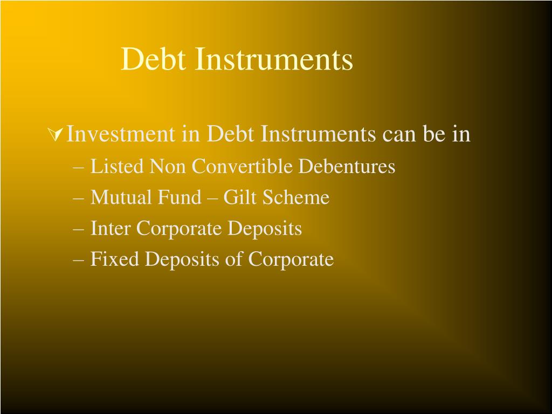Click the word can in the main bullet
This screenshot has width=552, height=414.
click(x=399, y=134)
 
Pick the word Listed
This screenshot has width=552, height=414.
click(x=118, y=167)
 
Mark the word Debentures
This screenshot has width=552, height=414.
click(x=347, y=167)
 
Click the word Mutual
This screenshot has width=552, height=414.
click(x=121, y=197)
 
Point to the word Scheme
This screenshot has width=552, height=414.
click(x=296, y=197)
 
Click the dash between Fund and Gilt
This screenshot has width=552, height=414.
click(x=212, y=198)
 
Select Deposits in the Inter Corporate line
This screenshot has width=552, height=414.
click(x=265, y=229)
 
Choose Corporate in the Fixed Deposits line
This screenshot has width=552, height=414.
click(x=291, y=260)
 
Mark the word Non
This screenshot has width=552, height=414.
click(x=168, y=167)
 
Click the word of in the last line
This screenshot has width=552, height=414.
click(x=234, y=259)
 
